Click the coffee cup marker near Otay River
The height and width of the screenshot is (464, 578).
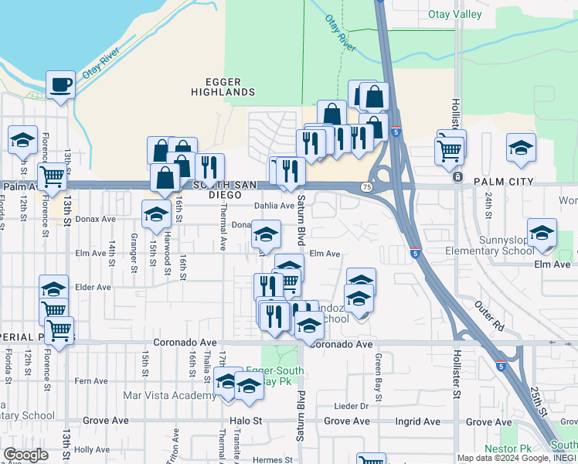tap(59, 85)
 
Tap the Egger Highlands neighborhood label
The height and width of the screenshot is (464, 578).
tap(223, 87)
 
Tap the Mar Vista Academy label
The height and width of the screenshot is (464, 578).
tap(170, 396)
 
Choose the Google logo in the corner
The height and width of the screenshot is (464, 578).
tap(25, 455)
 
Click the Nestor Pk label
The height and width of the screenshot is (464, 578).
tap(508, 449)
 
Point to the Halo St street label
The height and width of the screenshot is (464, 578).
tap(246, 421)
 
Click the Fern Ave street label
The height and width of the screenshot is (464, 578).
tap(91, 381)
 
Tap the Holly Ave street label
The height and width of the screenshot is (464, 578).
tap(92, 449)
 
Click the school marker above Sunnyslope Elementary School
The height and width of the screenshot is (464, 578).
tap(542, 234)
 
